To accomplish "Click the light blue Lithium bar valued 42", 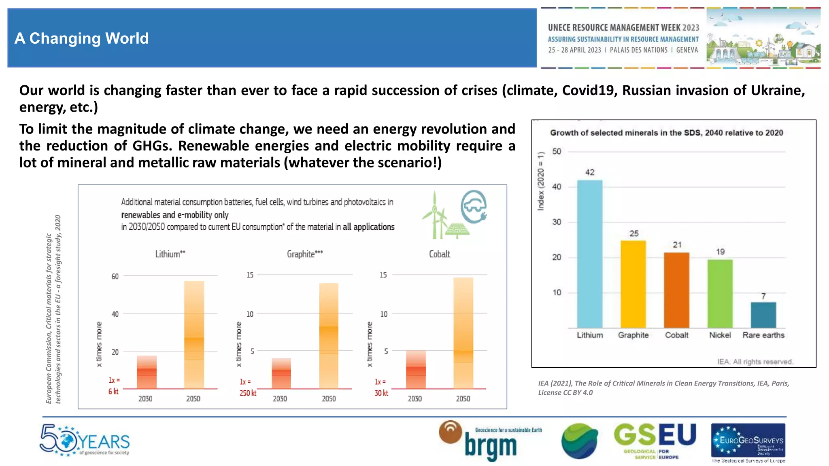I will (x=589, y=254).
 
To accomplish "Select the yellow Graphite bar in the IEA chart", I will (x=633, y=284).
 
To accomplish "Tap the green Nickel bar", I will (x=720, y=293).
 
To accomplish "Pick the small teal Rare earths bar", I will (x=763, y=315).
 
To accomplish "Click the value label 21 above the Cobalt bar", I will (x=677, y=245).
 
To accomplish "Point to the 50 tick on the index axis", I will (x=557, y=151).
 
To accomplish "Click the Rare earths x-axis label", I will (x=763, y=335).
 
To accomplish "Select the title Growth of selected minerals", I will (x=666, y=133).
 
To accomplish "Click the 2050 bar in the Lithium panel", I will (x=194, y=335).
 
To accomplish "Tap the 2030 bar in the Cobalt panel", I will (x=416, y=369).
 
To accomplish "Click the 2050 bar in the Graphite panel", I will (x=328, y=336).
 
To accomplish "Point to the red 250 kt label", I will (x=248, y=393).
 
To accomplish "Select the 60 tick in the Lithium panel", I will (x=115, y=276).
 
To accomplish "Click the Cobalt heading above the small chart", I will (x=439, y=254).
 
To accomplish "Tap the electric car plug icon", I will (x=474, y=207).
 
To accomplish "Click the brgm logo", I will (x=490, y=442).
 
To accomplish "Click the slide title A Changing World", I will (x=82, y=38).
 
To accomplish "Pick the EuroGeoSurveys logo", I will (x=748, y=441).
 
